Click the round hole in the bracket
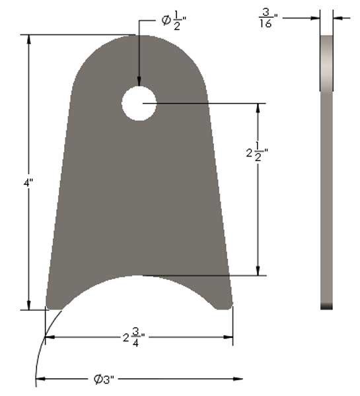coord(139,103)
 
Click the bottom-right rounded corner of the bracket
coord(227,303)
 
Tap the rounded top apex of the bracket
coord(139,36)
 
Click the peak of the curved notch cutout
coord(138,277)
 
